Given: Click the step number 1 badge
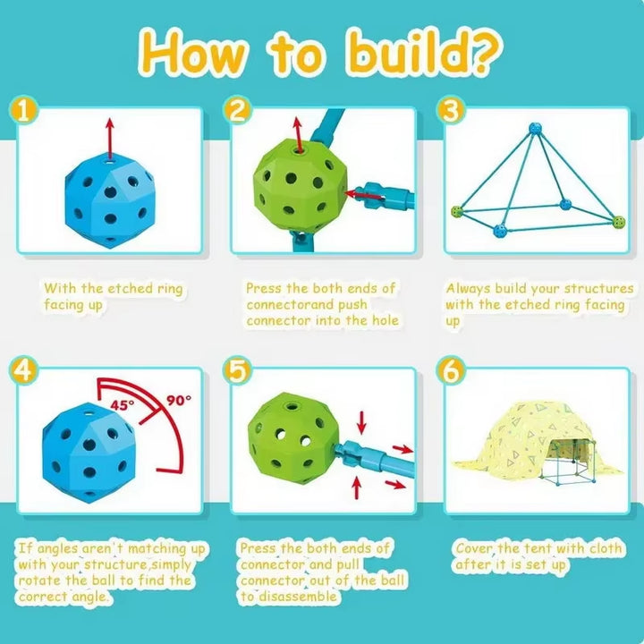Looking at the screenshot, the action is point(23,110).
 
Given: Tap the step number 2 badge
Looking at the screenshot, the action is point(237,110).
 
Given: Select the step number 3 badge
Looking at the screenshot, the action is point(451,110).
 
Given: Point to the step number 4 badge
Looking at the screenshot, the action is point(23,370).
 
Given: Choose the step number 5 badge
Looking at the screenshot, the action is point(237,370).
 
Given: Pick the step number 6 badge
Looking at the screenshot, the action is point(451,370).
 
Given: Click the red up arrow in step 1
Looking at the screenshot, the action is point(110,139).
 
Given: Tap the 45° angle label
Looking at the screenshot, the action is point(122,405).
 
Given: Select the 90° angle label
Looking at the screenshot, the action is point(179,400).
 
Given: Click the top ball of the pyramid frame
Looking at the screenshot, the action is point(535,129).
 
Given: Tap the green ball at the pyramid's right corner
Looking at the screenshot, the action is point(618,222).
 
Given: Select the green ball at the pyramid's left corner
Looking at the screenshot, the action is point(457,211).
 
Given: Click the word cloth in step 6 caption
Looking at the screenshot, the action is point(606,548).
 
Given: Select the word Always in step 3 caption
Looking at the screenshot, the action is point(469,289).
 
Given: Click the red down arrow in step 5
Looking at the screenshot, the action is point(361,422).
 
